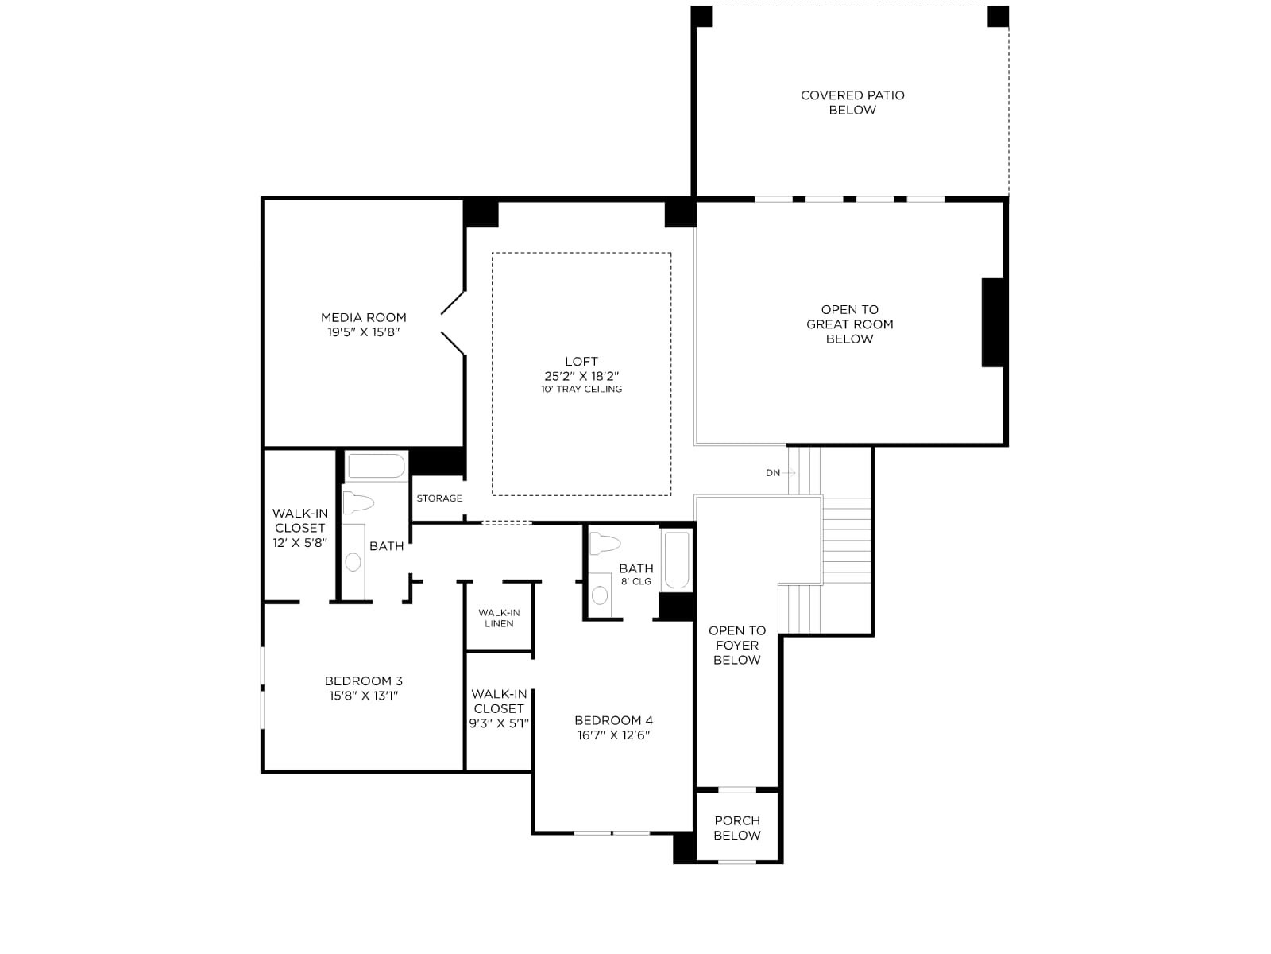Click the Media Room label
click(x=364, y=317)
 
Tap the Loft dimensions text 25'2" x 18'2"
click(x=581, y=376)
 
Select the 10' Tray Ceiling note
click(x=581, y=390)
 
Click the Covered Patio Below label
click(x=852, y=103)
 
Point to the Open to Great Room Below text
click(x=849, y=324)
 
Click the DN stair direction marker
click(x=772, y=473)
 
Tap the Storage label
click(x=439, y=498)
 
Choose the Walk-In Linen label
click(x=499, y=618)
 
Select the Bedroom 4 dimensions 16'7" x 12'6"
click(x=614, y=735)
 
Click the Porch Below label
click(x=736, y=828)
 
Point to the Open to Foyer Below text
click(x=736, y=645)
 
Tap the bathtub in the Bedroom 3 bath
click(x=377, y=466)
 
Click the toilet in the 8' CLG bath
click(x=605, y=544)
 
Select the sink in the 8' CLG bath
click(x=600, y=595)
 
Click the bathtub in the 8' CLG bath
click(x=676, y=560)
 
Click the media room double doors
click(x=453, y=324)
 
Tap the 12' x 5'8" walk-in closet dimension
click(x=300, y=543)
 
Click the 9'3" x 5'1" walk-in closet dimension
click(x=499, y=723)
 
